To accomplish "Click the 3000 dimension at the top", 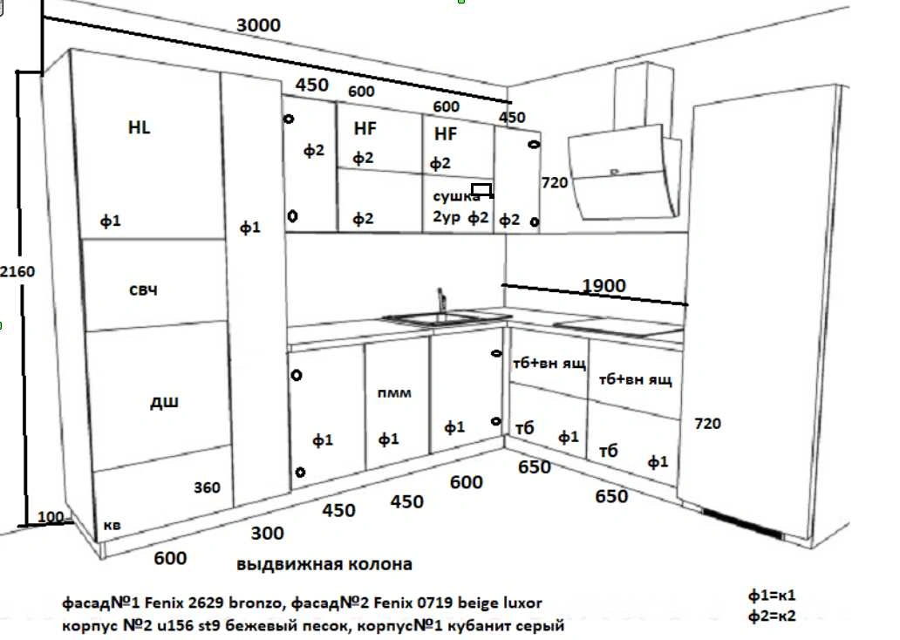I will click(x=258, y=25).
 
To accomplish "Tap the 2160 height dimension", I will click(x=17, y=271).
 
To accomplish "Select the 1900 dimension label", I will click(x=603, y=286).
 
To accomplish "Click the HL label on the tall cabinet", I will click(x=139, y=127).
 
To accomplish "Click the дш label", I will click(x=165, y=402).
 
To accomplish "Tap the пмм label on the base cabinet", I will click(x=394, y=393).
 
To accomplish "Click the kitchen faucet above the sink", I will click(x=441, y=301).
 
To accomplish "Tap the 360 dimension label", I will click(x=207, y=487).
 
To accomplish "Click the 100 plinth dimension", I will click(x=51, y=518).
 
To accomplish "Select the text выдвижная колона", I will click(x=324, y=564).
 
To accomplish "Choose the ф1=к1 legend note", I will click(x=772, y=596).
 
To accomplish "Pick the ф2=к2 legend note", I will click(x=772, y=617).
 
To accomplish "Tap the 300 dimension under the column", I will click(x=267, y=533).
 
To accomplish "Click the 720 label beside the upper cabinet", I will click(x=555, y=183).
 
